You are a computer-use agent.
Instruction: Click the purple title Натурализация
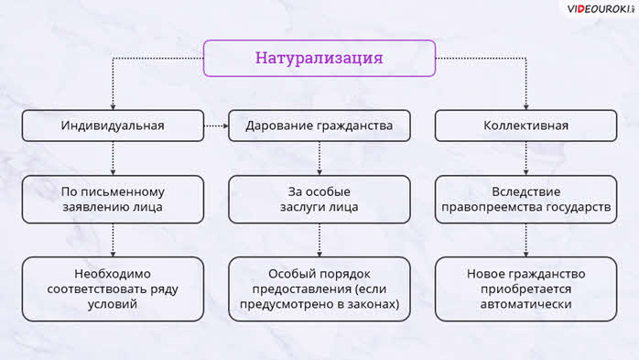coord(319,58)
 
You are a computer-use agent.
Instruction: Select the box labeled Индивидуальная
coord(113,125)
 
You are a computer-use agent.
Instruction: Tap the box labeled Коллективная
coord(525,125)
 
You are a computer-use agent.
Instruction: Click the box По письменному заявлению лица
coord(113,200)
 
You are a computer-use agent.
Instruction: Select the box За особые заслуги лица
coord(319,200)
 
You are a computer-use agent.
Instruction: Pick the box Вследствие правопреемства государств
coord(525,200)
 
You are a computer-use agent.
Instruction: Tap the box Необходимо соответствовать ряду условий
coord(113,289)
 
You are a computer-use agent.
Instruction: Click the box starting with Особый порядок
coord(319,289)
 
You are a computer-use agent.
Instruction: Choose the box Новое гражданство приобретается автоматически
coord(525,289)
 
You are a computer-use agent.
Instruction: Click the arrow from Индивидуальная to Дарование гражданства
coord(216,126)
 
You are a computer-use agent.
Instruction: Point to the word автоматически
coord(525,304)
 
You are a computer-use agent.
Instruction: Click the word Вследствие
coord(525,191)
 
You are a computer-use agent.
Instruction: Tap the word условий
coord(113,304)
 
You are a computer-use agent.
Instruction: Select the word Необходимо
coord(113,274)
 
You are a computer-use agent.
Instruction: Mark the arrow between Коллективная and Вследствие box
coord(525,158)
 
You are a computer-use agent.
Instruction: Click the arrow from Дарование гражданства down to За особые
coord(319,158)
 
